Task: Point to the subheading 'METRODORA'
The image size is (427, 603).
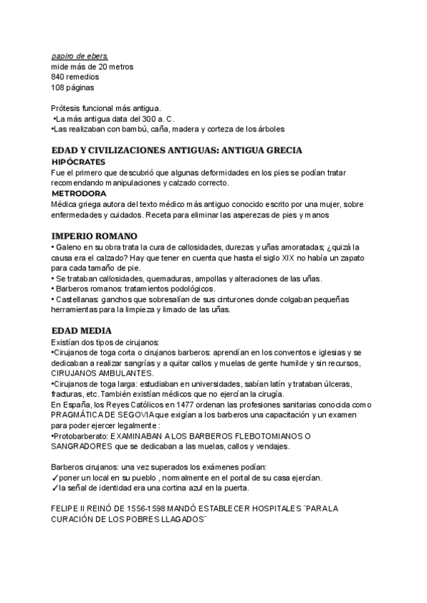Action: coord(79,193)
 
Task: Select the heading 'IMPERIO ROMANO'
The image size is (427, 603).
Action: coord(95,235)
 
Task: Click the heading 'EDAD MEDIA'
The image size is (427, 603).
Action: coord(80,331)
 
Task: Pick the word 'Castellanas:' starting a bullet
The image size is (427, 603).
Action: coord(78,299)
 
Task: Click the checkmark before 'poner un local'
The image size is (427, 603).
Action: coord(55,478)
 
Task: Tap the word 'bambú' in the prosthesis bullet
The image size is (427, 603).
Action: coord(134,129)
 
